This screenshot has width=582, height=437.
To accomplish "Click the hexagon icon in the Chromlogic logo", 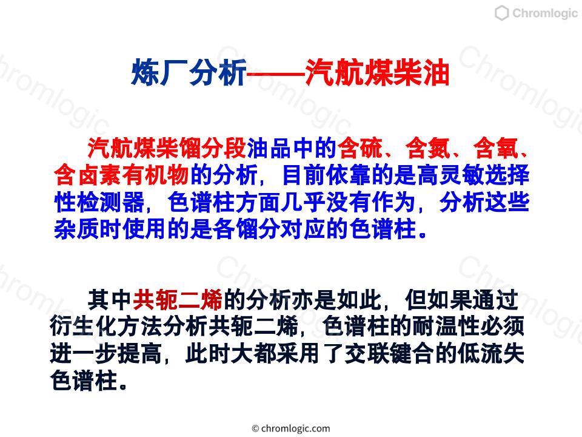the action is tap(501, 13).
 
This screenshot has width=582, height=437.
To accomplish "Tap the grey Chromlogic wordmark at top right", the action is tap(544, 13).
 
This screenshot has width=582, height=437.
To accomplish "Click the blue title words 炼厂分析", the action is tap(189, 72).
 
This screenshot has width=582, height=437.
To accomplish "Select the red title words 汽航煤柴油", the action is tap(376, 72).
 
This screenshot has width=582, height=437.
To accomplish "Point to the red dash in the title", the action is tap(275, 73).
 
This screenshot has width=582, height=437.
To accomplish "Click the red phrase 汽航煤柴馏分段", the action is tap(167, 148).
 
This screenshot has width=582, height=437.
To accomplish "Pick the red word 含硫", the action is tap(360, 148).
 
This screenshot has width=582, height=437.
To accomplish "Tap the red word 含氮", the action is tap(427, 148).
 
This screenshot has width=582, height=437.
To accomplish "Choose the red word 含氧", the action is tap(495, 148).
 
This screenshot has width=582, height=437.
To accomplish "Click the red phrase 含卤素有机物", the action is tap(121, 175).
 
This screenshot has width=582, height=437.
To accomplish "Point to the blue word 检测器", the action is tap(99, 202).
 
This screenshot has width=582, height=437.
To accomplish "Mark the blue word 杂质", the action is tap(76, 229).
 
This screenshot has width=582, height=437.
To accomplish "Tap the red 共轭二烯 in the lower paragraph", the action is tap(178, 300).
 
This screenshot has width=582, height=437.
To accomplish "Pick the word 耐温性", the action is tap(456, 327).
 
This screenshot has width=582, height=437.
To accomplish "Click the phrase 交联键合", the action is tap(390, 354).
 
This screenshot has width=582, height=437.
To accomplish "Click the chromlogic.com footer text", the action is tap(291, 429).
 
